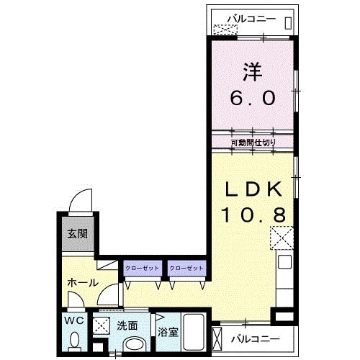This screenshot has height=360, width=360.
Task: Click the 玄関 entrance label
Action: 78,233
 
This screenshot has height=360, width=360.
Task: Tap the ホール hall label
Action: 83,283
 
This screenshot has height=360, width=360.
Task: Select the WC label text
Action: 74,320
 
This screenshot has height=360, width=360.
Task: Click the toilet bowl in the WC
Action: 75,339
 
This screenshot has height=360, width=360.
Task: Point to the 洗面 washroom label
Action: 127,325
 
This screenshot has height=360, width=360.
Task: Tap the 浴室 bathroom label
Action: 168,332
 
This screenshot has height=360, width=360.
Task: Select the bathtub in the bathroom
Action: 194,333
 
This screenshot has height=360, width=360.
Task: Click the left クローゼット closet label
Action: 142,268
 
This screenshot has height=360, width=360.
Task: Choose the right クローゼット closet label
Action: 186,268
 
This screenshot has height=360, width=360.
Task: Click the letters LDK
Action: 253,189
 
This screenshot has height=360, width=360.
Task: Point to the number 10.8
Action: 253,215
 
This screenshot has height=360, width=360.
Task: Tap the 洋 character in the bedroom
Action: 253,71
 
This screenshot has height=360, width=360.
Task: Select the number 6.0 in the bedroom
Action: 253,98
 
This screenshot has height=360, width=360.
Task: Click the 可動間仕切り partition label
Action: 253,143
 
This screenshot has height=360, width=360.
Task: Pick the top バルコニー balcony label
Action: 251,19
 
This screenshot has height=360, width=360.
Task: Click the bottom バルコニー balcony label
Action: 256,339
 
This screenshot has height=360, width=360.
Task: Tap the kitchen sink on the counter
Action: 284,261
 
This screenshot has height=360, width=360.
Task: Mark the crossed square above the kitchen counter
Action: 282,238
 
